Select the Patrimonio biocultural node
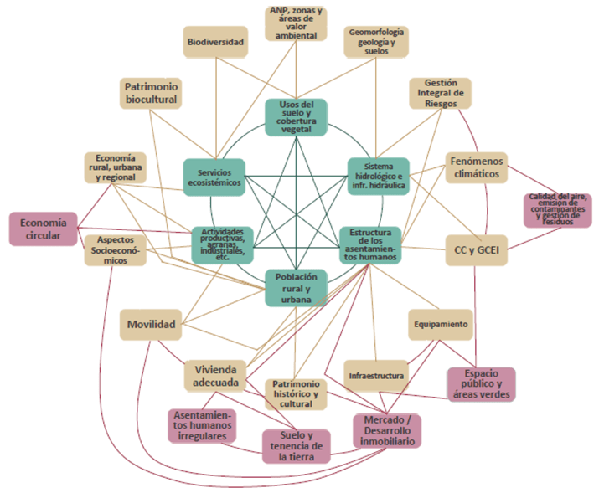(x=152, y=92)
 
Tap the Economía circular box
(x=43, y=229)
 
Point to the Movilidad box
(x=151, y=324)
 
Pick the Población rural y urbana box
(x=296, y=287)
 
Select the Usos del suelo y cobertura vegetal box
(x=296, y=118)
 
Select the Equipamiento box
(x=439, y=323)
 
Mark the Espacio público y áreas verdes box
(x=481, y=384)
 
